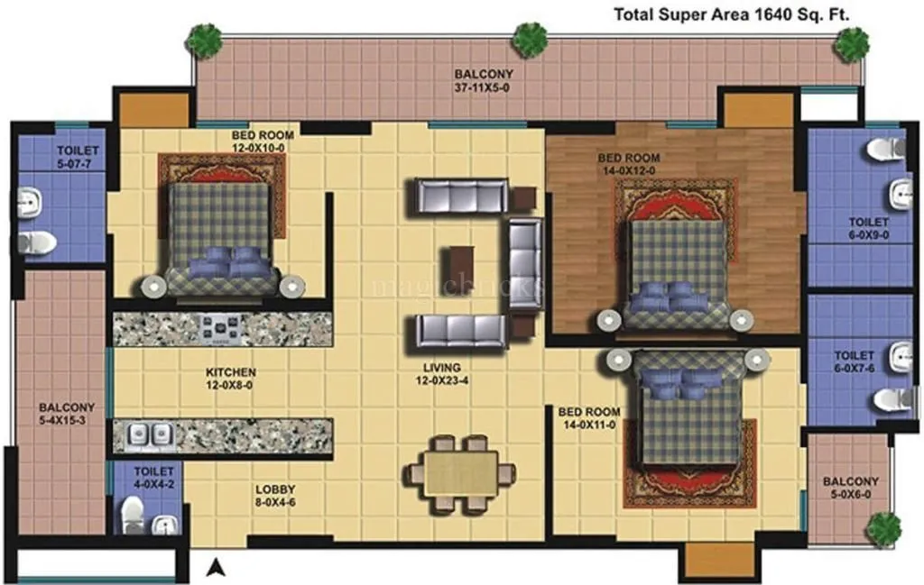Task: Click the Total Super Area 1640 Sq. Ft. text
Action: (x=733, y=14)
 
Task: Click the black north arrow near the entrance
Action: (x=215, y=567)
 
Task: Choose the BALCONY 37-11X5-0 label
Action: (x=484, y=80)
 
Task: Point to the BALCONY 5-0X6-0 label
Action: (x=850, y=488)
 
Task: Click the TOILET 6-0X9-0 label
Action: (x=868, y=227)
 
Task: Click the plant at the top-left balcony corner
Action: (x=205, y=41)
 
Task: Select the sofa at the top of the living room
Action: (x=461, y=197)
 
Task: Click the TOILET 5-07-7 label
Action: (x=79, y=158)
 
